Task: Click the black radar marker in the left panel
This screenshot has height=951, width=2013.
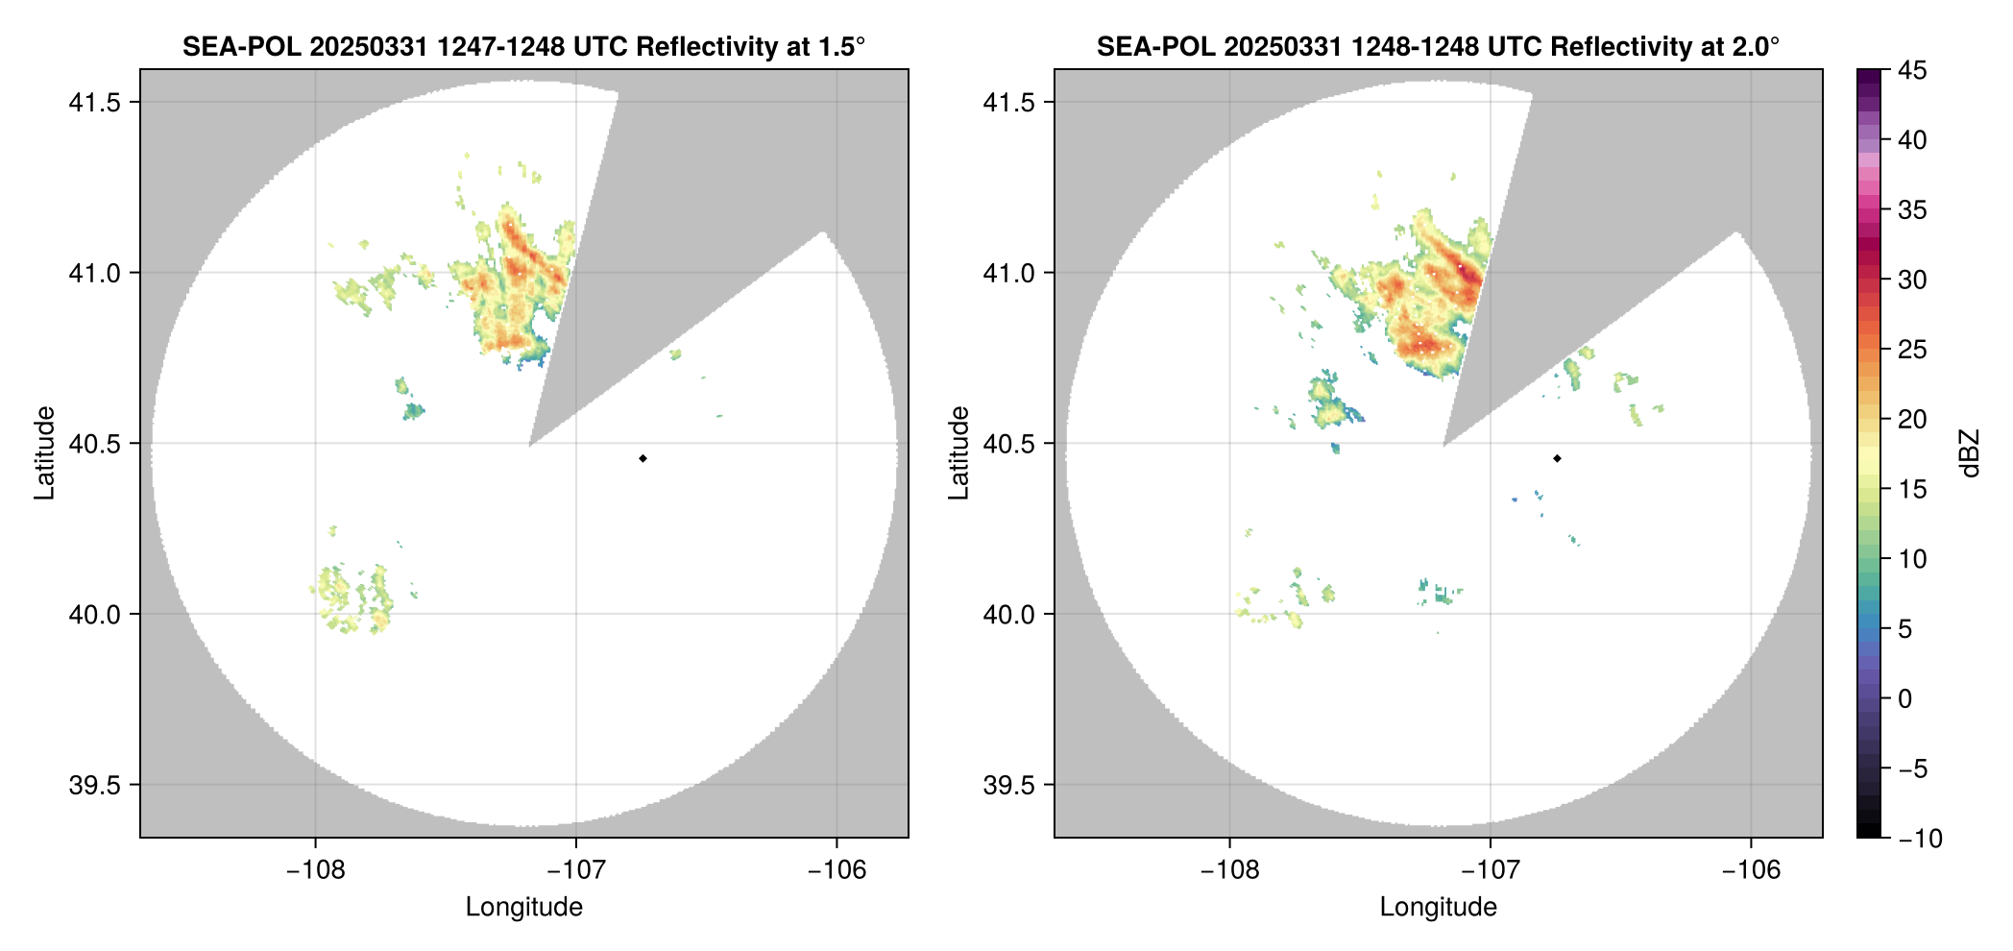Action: point(643,458)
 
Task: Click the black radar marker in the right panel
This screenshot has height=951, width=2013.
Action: point(1557,458)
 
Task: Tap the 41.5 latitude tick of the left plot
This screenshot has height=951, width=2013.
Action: point(93,103)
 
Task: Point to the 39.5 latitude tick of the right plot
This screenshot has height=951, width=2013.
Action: point(1007,785)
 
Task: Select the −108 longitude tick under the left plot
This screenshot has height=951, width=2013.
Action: point(315,870)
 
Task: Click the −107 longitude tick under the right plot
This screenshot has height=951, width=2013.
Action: point(1490,870)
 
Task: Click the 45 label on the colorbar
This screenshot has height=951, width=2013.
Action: point(1912,70)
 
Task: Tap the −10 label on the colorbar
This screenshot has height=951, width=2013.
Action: point(1920,839)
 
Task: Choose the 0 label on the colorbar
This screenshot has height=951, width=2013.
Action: point(1905,699)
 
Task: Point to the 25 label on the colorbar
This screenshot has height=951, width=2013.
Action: point(1912,350)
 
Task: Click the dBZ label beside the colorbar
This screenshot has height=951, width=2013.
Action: point(1970,453)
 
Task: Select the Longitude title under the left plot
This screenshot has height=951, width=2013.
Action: point(524,907)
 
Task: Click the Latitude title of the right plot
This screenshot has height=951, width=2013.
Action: point(958,453)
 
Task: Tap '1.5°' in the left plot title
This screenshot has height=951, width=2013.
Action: point(842,47)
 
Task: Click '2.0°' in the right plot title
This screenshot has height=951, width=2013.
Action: point(1757,47)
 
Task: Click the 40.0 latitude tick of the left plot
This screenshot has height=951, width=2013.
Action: point(93,615)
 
